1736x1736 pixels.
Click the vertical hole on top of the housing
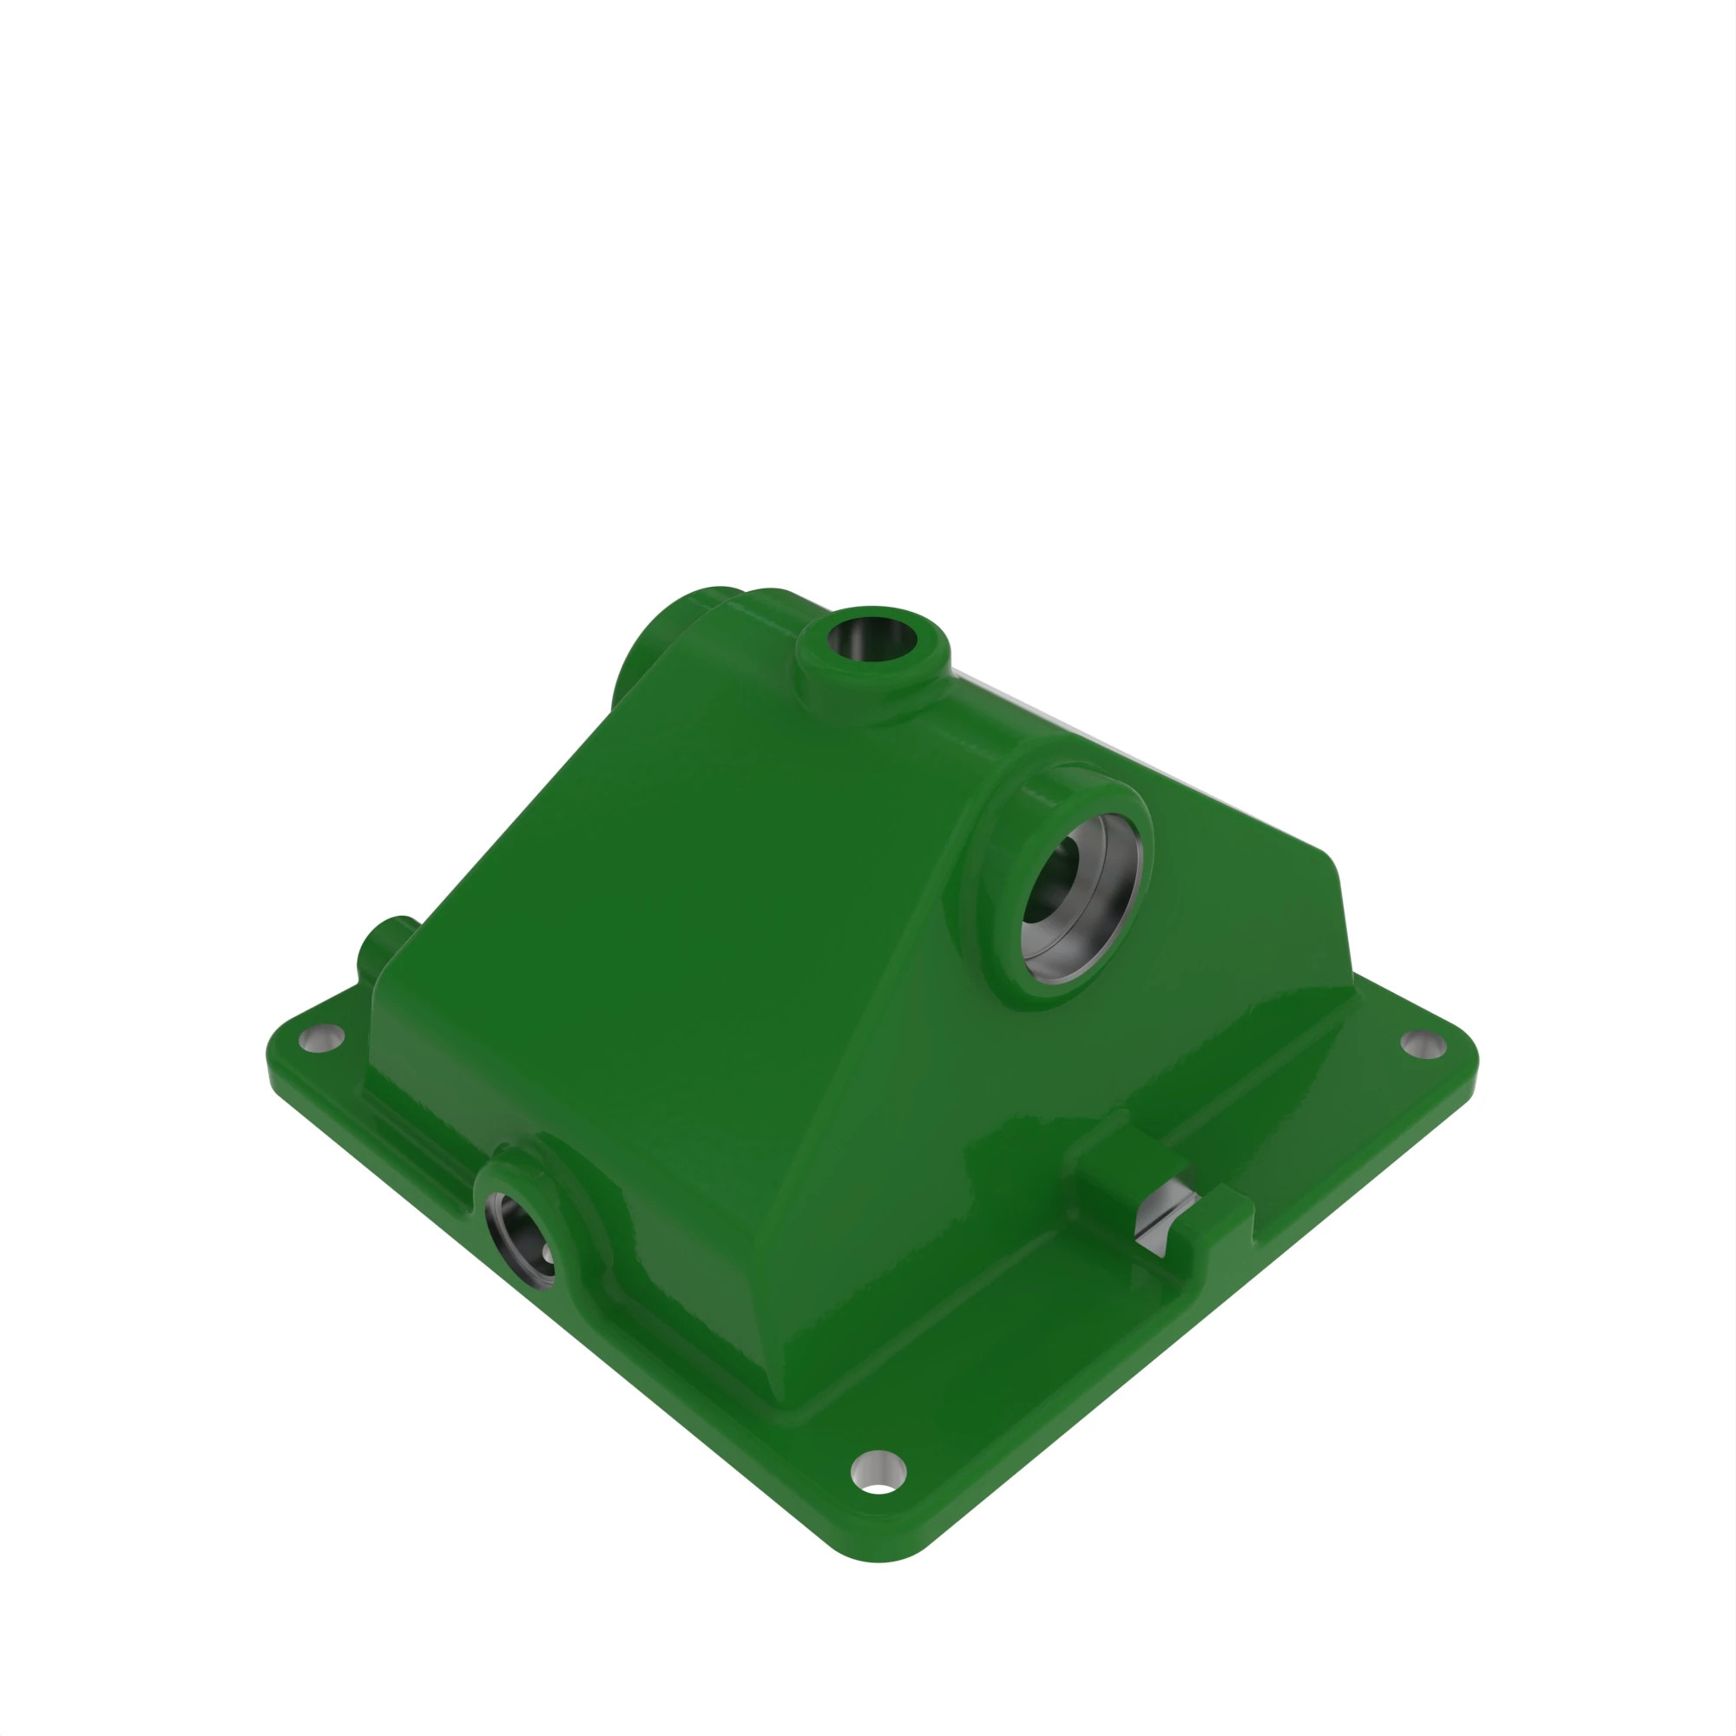871,640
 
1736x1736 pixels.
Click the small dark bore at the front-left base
518,1240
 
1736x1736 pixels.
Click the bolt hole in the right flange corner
1424,1043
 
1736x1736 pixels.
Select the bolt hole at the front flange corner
878,1472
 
